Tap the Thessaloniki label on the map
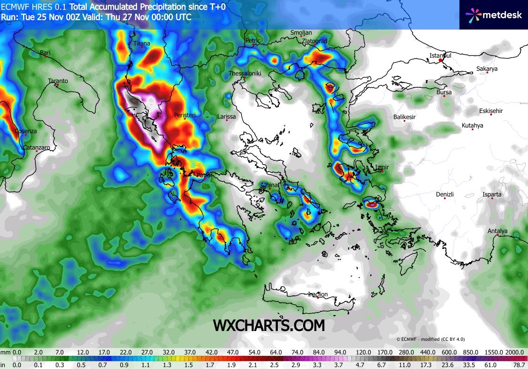(245, 74)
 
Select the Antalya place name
(497, 231)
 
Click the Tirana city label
(142, 44)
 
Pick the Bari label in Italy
(45, 53)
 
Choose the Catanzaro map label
(37, 147)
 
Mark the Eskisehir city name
(491, 111)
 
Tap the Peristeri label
(184, 115)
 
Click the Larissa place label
(227, 117)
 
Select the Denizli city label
(445, 194)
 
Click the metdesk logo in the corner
(493, 15)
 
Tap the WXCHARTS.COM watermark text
(269, 325)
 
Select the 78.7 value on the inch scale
(518, 365)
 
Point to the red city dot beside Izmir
(383, 171)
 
